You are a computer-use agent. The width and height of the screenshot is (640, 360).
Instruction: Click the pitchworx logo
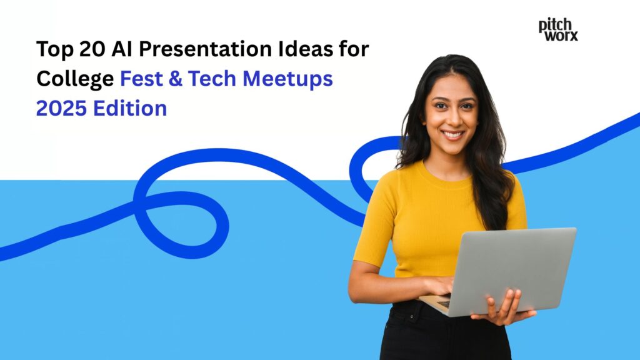pos(558,29)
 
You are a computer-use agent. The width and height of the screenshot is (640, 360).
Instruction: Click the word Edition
pos(131,109)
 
